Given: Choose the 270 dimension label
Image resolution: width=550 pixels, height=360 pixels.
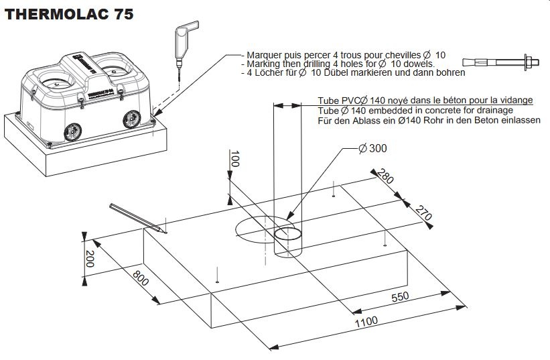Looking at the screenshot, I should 423,214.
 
